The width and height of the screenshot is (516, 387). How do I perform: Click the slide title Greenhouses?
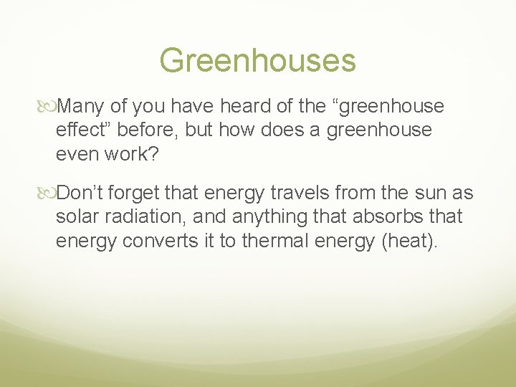tap(257, 61)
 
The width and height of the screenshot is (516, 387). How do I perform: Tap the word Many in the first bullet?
tap(82, 107)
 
